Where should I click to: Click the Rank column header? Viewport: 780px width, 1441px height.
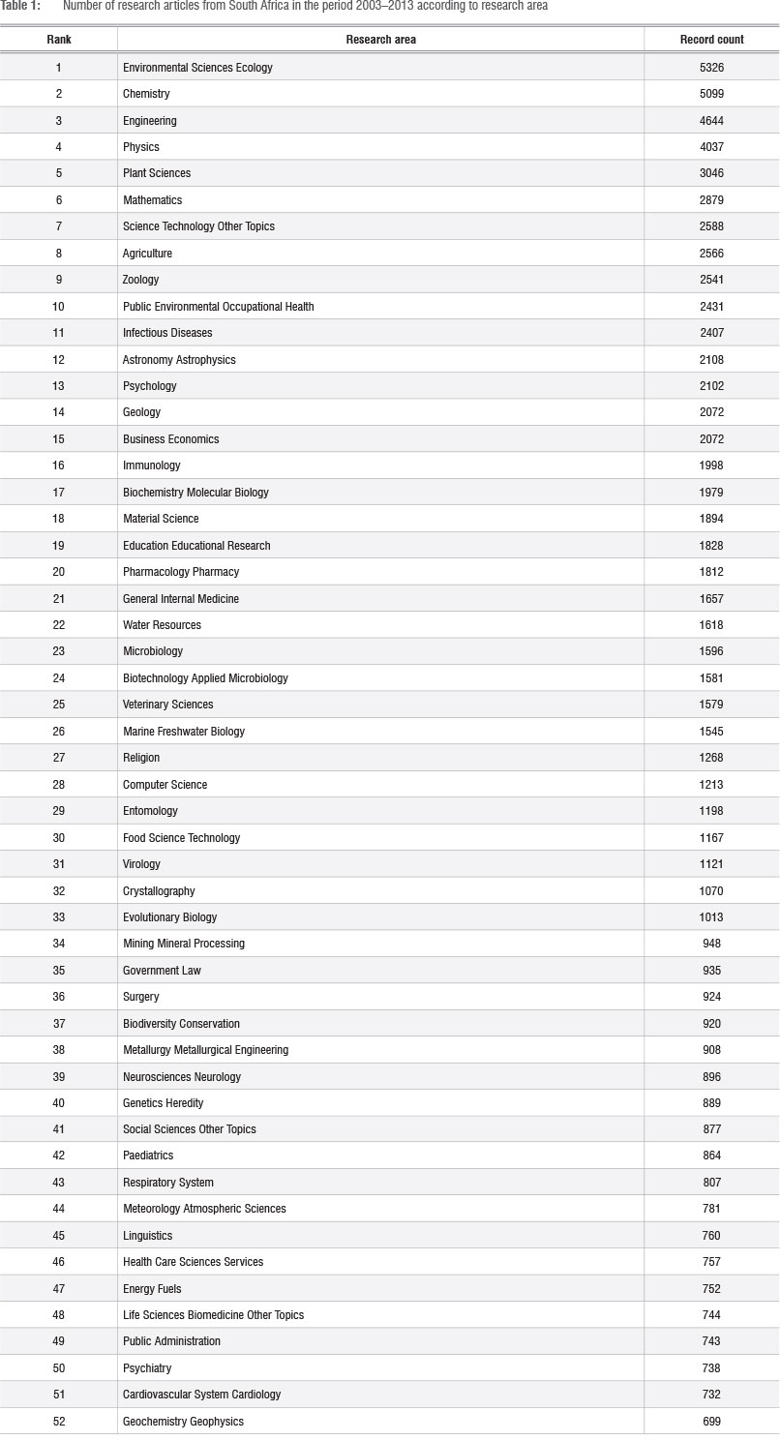coord(58,40)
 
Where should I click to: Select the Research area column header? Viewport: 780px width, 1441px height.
coord(380,40)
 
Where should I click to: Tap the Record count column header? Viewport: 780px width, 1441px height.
coord(711,40)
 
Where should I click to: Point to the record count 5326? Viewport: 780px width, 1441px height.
coord(711,68)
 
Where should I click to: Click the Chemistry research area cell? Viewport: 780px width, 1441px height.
coord(146,94)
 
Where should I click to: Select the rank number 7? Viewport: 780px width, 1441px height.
coord(58,226)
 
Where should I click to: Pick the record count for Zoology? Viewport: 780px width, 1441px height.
coord(711,280)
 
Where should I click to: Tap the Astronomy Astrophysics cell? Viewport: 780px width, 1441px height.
coord(179,360)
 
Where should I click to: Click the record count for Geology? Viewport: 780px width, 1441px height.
coord(711,412)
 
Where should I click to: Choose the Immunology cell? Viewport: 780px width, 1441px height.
coord(151,465)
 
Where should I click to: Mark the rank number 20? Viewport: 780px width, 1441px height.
coord(58,572)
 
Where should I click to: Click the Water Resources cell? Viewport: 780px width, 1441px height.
coord(162,625)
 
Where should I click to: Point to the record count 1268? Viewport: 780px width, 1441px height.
coord(711,758)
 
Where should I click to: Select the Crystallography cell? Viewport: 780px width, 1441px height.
coord(159,891)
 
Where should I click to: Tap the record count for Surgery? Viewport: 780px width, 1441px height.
coord(711,997)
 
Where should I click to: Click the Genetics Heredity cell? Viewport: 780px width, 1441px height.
coord(163,1103)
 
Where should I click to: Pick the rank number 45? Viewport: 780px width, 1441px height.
coord(58,1236)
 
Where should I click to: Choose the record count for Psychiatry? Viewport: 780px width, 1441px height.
coord(711,1368)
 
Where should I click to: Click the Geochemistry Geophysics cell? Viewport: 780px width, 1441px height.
coord(183,1422)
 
